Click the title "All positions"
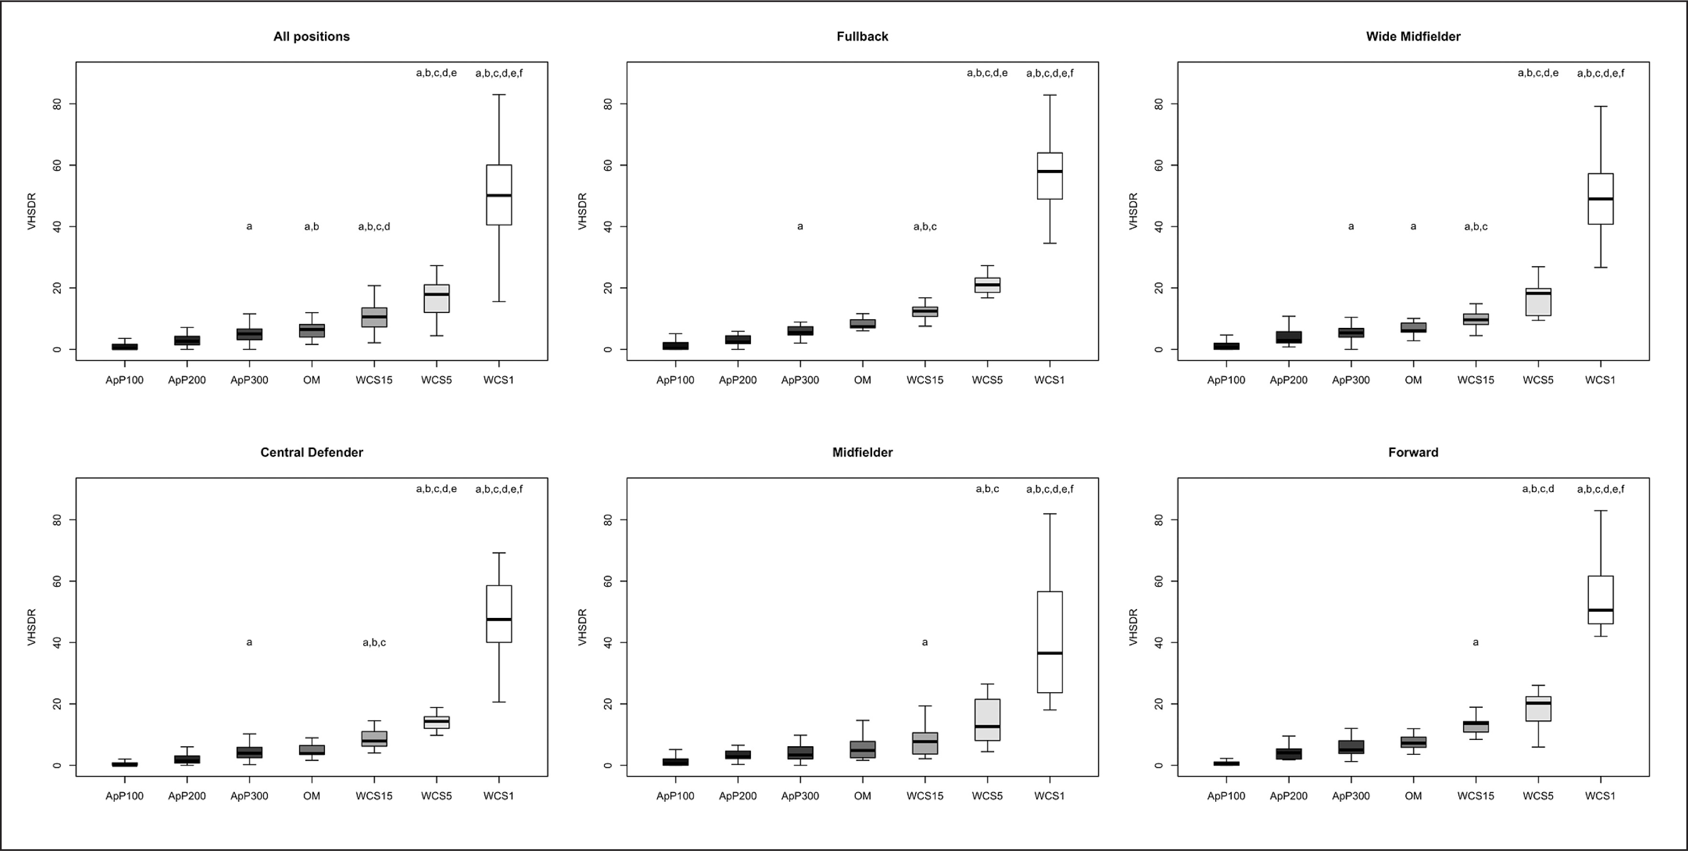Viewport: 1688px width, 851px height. pyautogui.click(x=311, y=37)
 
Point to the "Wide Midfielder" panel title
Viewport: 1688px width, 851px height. pyautogui.click(x=1413, y=37)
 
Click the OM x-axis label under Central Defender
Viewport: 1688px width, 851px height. pyautogui.click(x=311, y=796)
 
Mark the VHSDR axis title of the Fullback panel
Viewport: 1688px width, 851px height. pyautogui.click(x=582, y=211)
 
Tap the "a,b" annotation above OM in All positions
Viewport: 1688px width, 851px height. pyautogui.click(x=311, y=227)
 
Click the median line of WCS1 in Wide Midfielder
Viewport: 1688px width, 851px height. pyautogui.click(x=1600, y=199)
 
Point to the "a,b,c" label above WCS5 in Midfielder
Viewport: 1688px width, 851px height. pyautogui.click(x=987, y=489)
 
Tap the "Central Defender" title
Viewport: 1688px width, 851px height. pyautogui.click(x=311, y=453)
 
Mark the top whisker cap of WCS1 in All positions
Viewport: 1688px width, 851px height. pyautogui.click(x=499, y=94)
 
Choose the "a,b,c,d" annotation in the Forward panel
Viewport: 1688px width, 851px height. pyautogui.click(x=1537, y=489)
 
